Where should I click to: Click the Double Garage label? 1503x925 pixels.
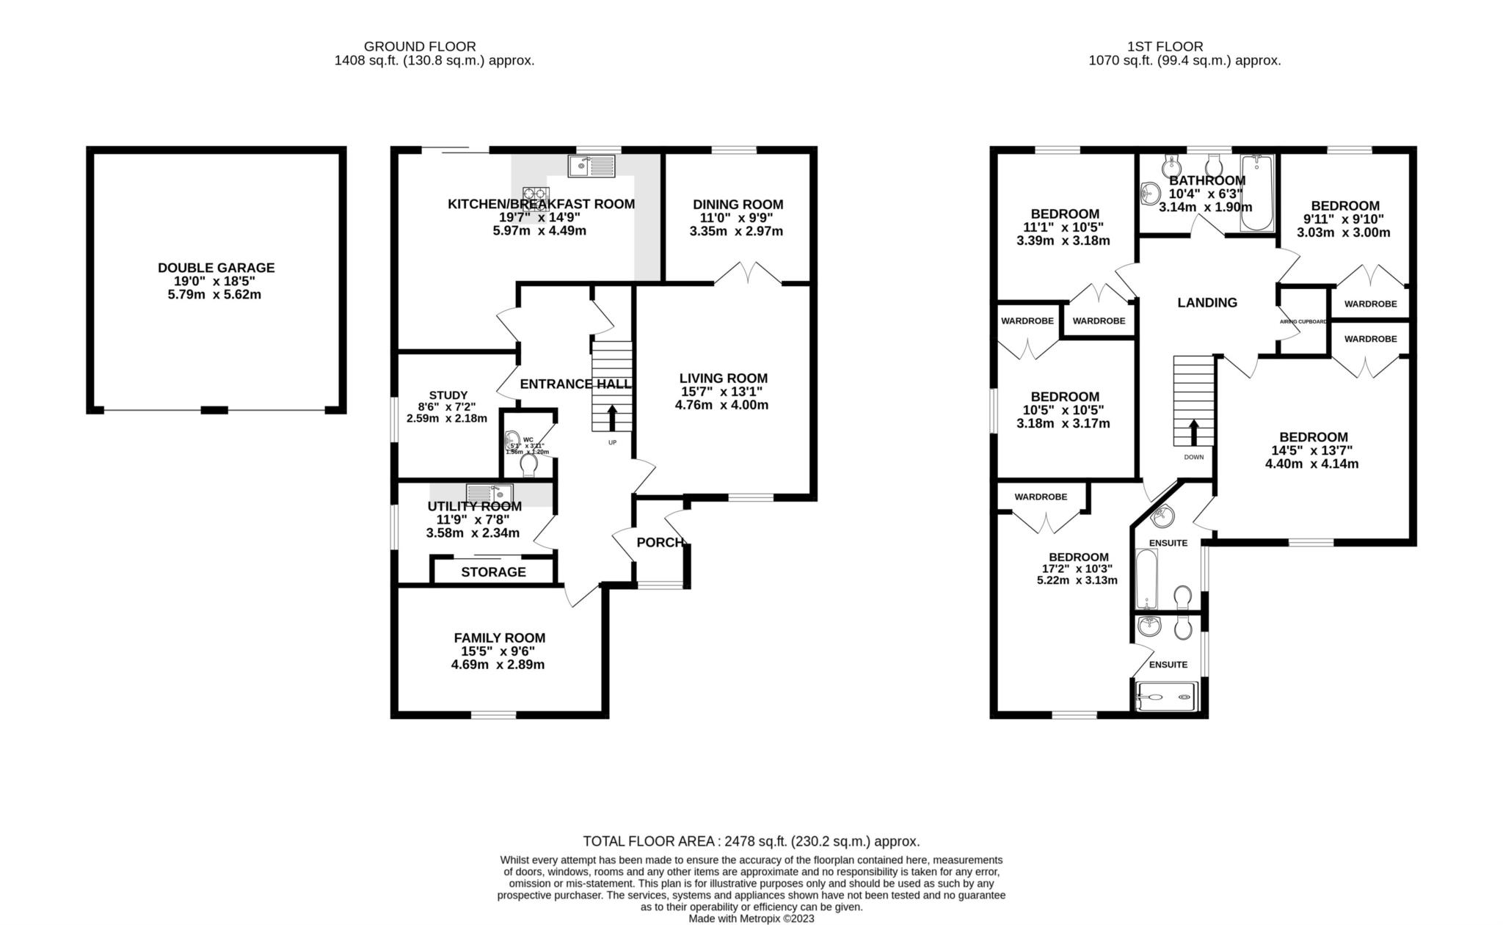click(x=216, y=268)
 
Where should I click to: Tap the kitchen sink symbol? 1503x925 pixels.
click(x=591, y=167)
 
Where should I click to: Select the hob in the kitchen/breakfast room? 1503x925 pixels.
click(x=536, y=198)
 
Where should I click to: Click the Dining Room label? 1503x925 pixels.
click(x=738, y=205)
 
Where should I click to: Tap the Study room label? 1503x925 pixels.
click(x=448, y=395)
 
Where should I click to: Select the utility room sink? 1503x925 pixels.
click(x=490, y=493)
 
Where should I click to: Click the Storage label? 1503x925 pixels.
click(x=493, y=572)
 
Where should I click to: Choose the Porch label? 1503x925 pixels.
click(x=660, y=543)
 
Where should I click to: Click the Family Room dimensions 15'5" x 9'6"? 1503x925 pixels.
click(x=498, y=651)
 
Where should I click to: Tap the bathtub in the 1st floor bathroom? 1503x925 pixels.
click(x=1259, y=192)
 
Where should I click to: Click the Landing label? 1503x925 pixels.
click(x=1207, y=302)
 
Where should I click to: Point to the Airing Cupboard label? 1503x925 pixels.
click(x=1303, y=322)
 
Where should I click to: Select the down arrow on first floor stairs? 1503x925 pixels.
click(x=1193, y=432)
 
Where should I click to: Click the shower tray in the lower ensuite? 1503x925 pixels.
click(x=1167, y=697)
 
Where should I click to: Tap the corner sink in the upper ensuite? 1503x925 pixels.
click(x=1162, y=516)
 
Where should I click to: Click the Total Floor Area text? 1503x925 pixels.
click(x=751, y=841)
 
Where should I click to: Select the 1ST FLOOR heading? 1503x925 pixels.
click(x=1185, y=46)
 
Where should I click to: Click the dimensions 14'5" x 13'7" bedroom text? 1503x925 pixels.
click(x=1311, y=450)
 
